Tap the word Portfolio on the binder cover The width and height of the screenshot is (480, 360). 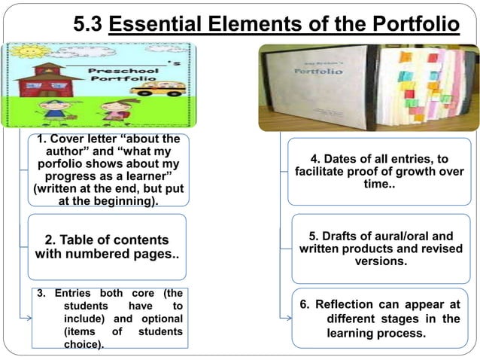coord(320,72)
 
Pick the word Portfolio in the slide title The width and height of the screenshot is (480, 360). coord(415,25)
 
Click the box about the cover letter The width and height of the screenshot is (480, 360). coord(108,170)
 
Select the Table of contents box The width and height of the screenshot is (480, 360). coord(107,247)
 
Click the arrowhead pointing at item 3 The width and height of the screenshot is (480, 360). coord(28,318)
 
